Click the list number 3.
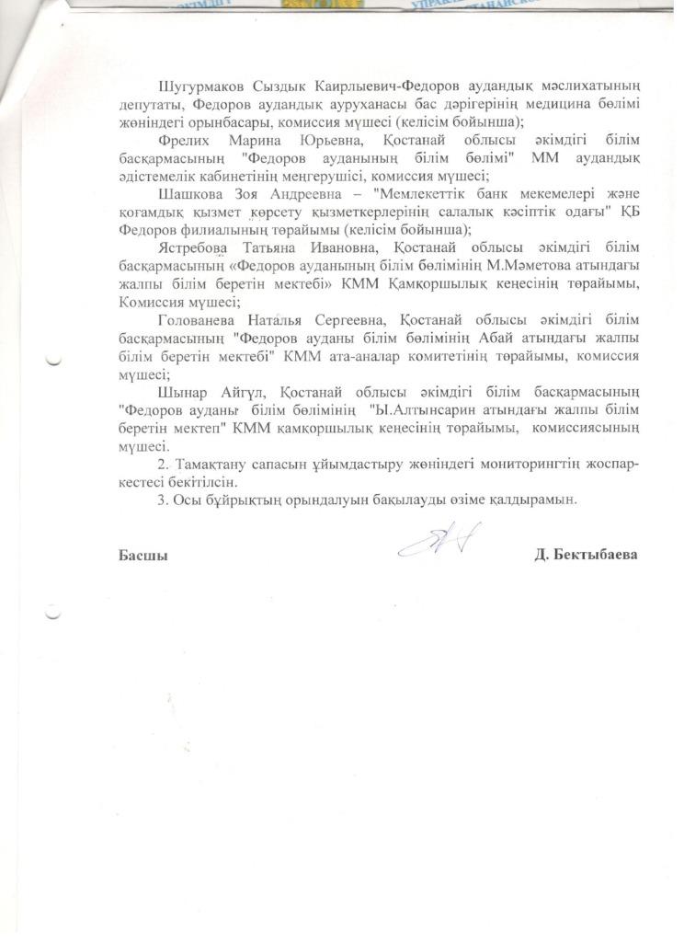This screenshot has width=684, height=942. (x=162, y=500)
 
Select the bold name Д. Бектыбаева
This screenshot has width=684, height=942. (x=586, y=555)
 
